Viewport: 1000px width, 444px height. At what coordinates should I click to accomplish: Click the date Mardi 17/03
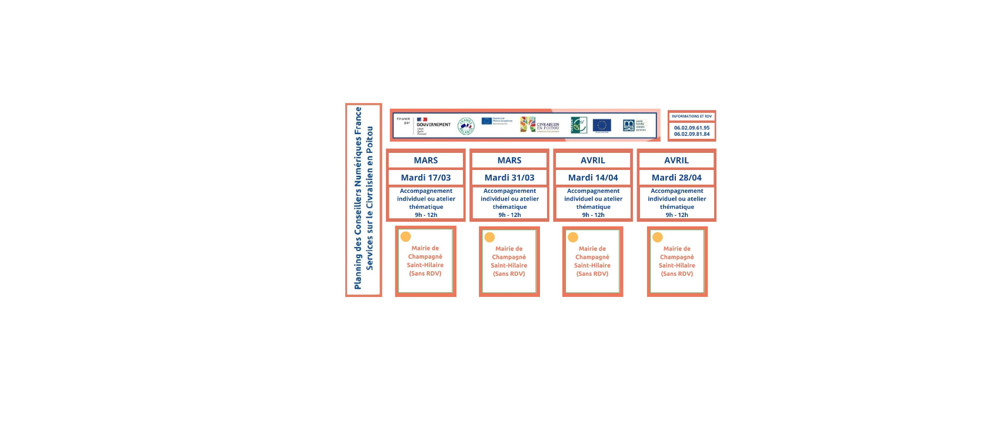coord(426,178)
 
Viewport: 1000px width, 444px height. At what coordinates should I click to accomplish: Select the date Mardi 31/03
coord(509,178)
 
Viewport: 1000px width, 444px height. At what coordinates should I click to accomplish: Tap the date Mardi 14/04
coord(593,178)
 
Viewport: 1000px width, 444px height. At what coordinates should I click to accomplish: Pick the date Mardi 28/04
coord(676,178)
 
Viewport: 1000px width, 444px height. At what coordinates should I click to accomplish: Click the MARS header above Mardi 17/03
coord(426,160)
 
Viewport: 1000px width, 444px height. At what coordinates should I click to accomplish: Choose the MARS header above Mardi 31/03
coord(509,160)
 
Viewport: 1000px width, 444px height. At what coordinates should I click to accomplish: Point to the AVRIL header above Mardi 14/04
coord(593,160)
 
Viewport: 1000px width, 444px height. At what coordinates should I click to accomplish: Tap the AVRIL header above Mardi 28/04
coord(676,160)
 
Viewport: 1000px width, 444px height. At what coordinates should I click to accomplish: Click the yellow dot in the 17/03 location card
coord(406,237)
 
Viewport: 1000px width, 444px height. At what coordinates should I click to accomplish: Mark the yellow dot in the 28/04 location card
coord(658,238)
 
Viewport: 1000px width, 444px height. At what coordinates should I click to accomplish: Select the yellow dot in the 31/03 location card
coord(489,238)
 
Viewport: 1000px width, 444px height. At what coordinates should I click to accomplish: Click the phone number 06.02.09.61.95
coord(692,128)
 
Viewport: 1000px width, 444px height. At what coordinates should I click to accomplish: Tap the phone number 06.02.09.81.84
coord(692,134)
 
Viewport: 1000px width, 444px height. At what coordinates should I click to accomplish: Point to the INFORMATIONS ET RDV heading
coord(692,116)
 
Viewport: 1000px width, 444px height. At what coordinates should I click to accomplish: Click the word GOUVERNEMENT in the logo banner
coord(434,125)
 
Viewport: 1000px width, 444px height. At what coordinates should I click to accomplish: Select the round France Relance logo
coord(466,126)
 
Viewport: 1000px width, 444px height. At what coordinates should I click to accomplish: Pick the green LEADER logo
coord(579,125)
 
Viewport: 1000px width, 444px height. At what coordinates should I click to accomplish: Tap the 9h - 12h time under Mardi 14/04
coord(593,215)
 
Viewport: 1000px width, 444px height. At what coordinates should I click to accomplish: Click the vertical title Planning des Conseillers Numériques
coord(358,198)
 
